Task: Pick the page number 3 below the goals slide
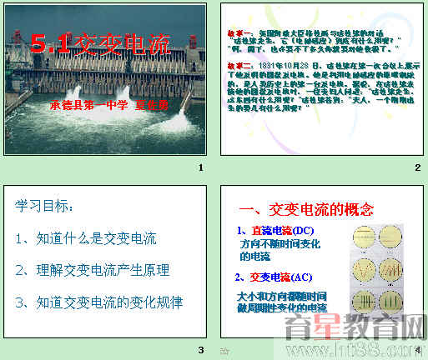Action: tap(200, 349)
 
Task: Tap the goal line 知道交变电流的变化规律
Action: tap(98, 301)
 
